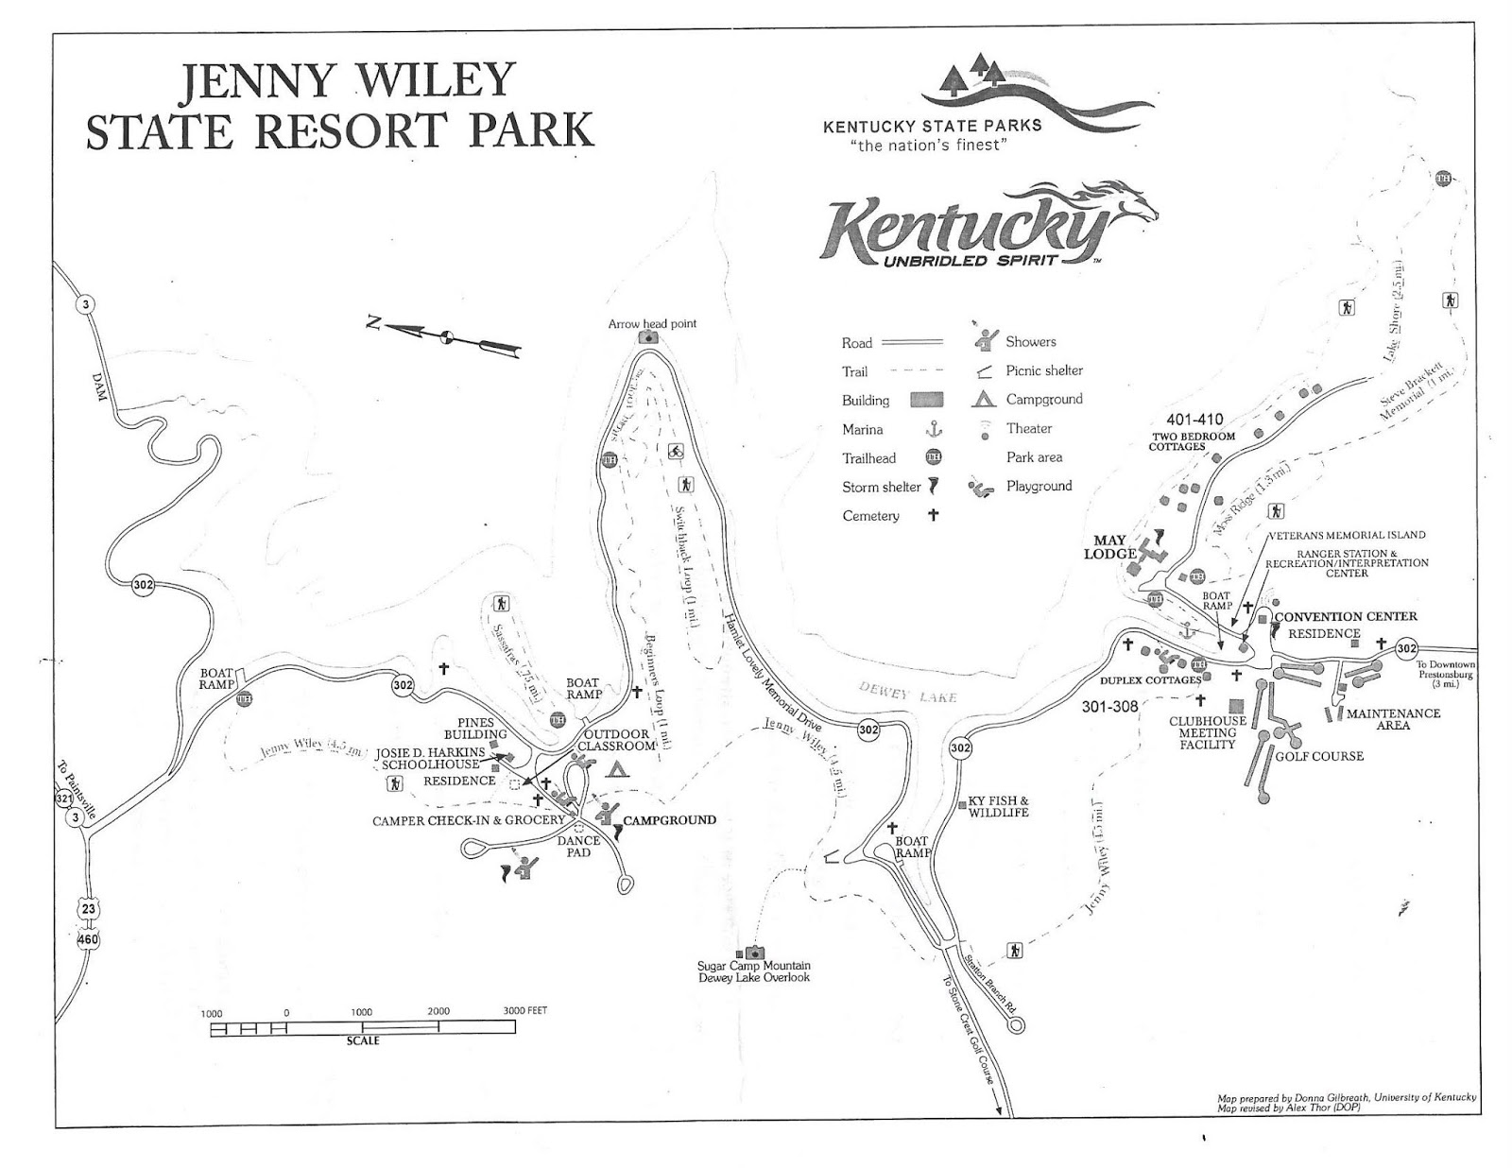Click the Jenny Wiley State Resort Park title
[x=339, y=105]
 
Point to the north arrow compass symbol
[x=445, y=335]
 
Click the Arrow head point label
[x=652, y=323]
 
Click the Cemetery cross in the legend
[x=933, y=515]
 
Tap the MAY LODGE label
[x=1109, y=547]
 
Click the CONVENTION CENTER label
[x=1346, y=617]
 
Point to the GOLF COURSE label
[x=1319, y=756]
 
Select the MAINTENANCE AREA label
[x=1393, y=719]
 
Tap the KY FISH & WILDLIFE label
[x=998, y=806]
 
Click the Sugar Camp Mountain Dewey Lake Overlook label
[x=753, y=971]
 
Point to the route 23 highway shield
[x=87, y=908]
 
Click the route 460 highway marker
[x=88, y=939]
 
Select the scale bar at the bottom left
[x=363, y=1027]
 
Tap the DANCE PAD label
[x=578, y=846]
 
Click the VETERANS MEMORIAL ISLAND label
[x=1346, y=535]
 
